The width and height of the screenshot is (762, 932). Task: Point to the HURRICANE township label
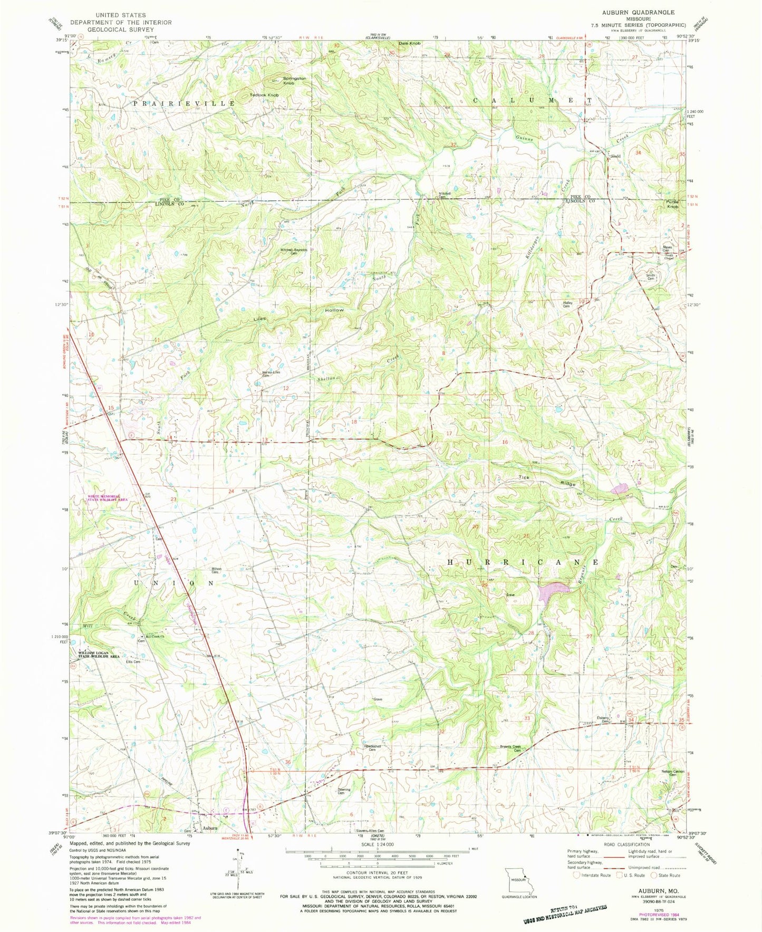(x=523, y=562)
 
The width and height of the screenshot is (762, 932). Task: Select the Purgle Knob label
(x=672, y=204)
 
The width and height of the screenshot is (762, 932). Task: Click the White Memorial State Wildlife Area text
(x=108, y=498)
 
